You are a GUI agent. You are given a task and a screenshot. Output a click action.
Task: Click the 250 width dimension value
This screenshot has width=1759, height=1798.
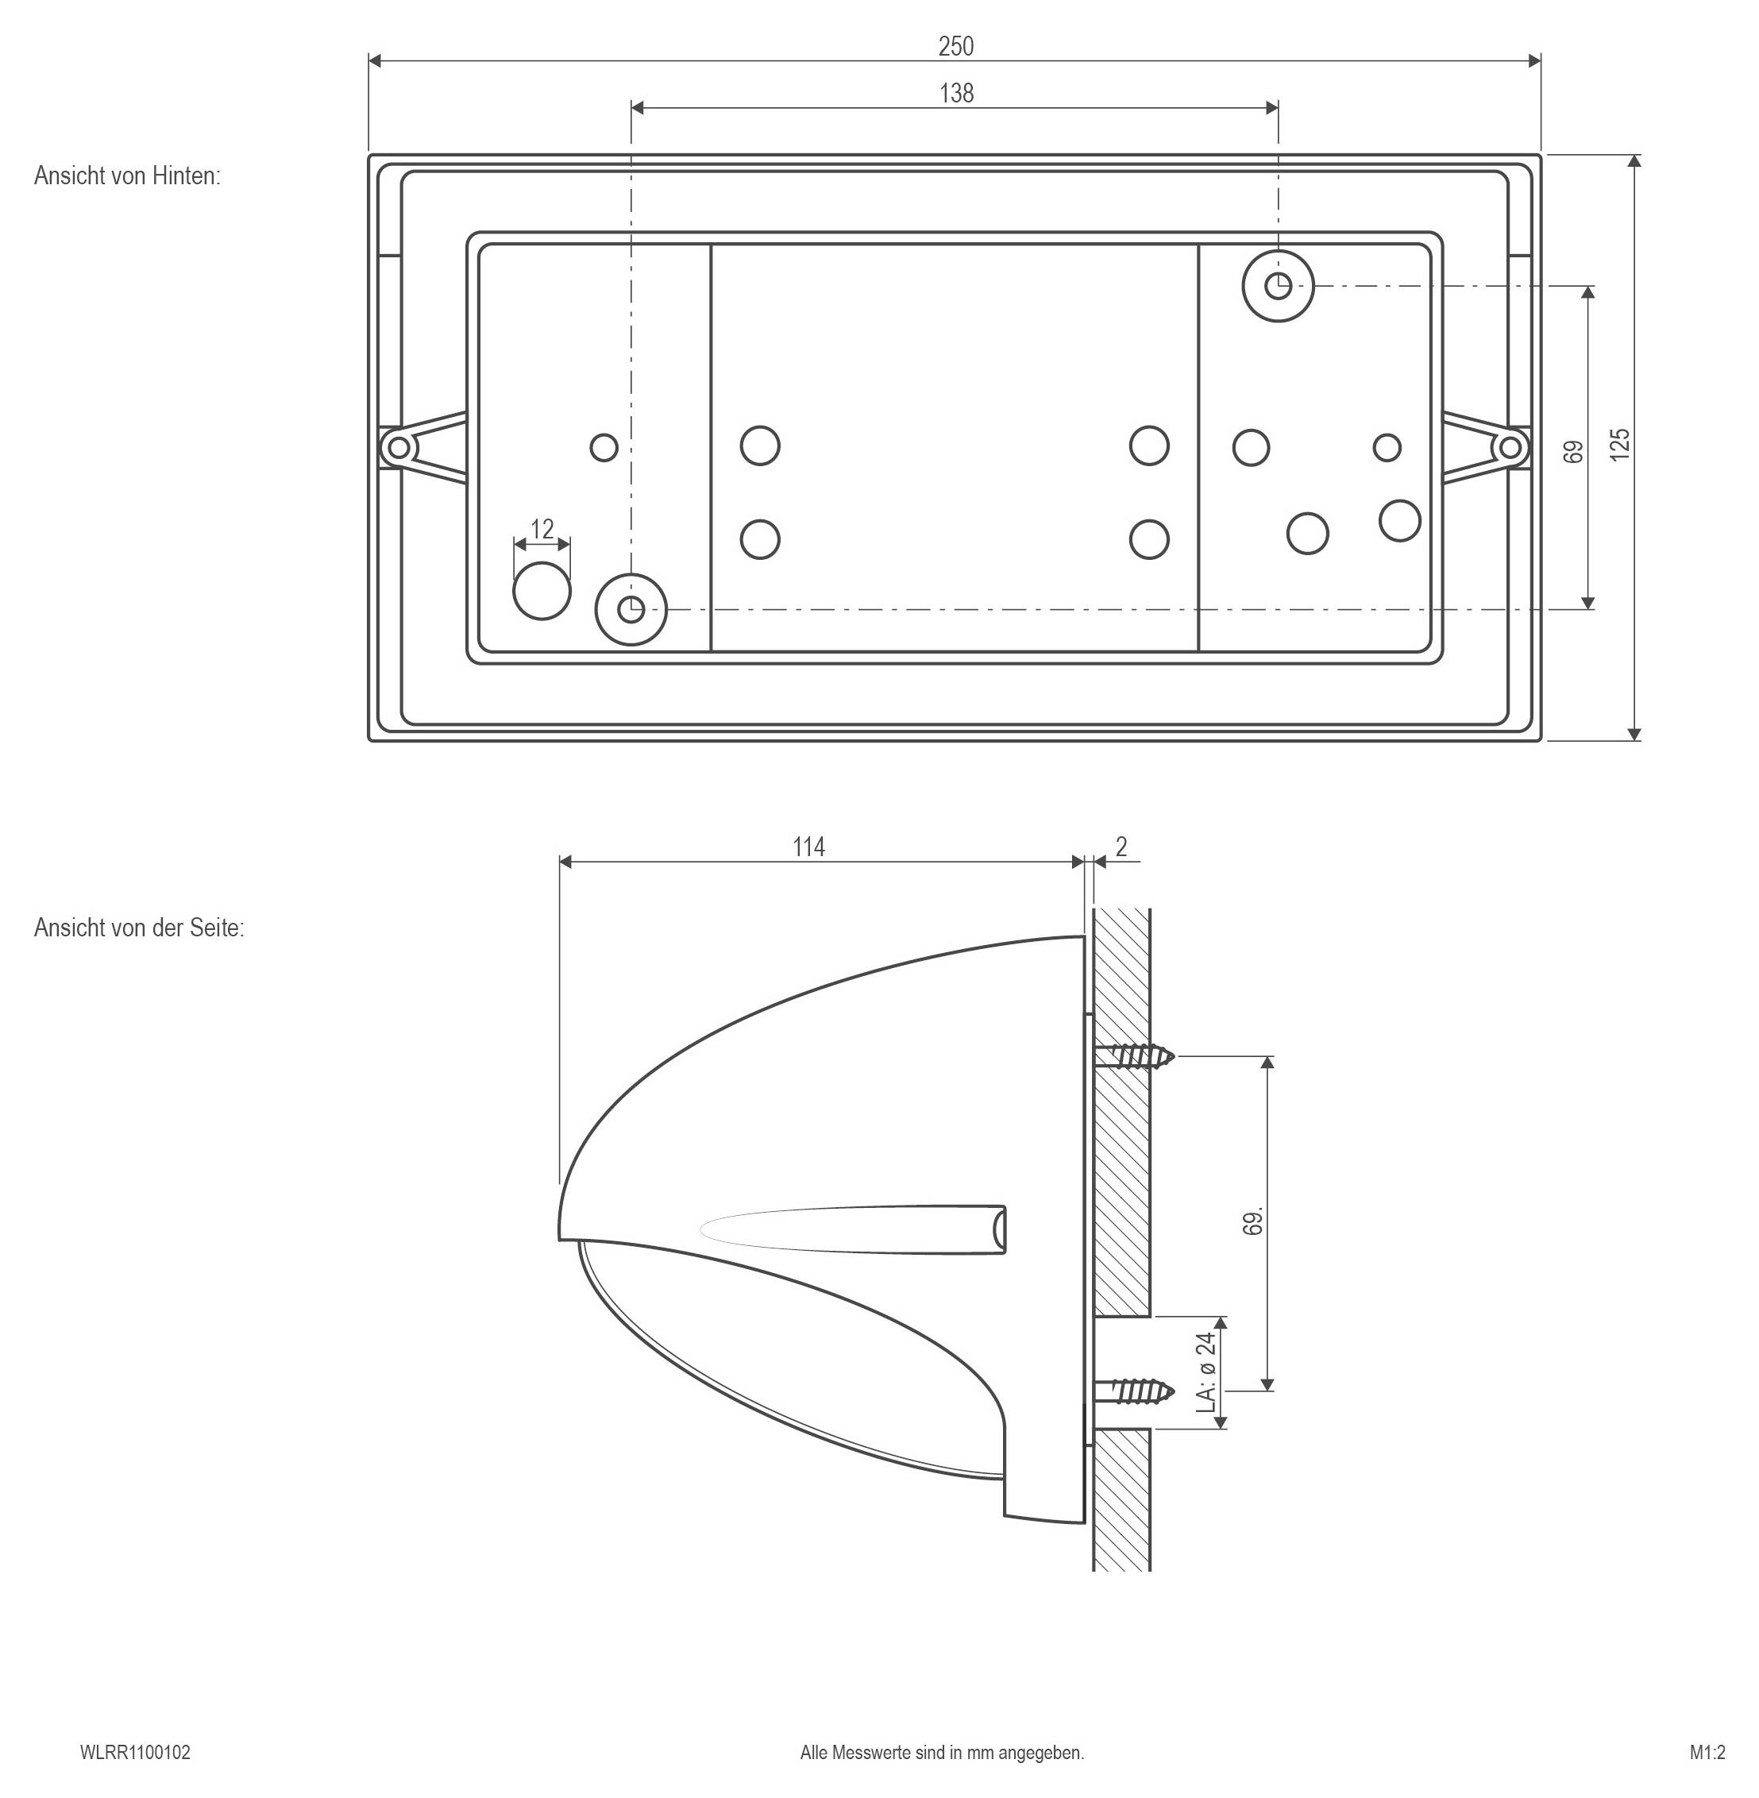955,46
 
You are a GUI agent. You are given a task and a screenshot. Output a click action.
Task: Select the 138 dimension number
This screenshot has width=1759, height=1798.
956,94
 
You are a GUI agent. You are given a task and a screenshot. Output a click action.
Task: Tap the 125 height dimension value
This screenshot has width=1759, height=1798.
1619,446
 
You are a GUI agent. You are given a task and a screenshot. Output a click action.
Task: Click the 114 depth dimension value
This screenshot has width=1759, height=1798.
808,847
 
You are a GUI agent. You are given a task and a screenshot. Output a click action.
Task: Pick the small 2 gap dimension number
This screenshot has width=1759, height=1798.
1121,847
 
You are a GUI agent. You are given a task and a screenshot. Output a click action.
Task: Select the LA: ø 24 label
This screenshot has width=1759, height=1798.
1206,1372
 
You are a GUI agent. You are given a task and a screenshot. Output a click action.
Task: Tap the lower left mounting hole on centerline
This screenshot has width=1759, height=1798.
631,609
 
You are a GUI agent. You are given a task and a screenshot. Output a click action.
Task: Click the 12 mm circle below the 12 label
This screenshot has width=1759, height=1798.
542,590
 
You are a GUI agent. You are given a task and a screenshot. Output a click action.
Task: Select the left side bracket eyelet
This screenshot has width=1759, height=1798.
398,448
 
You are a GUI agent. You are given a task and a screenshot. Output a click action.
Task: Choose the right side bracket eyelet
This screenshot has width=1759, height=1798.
1510,448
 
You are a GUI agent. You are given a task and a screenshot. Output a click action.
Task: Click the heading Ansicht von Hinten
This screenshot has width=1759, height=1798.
128,176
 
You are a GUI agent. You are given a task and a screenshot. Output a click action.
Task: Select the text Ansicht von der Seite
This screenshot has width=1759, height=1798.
139,928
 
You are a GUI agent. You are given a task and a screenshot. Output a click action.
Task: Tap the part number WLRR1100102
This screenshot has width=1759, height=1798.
135,1752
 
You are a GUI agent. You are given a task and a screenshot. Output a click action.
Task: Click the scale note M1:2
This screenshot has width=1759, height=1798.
1707,1752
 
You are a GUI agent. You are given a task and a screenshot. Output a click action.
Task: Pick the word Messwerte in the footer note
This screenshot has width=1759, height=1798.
871,1752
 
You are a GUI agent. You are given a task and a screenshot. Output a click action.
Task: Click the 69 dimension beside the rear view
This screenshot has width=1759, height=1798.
1574,452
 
